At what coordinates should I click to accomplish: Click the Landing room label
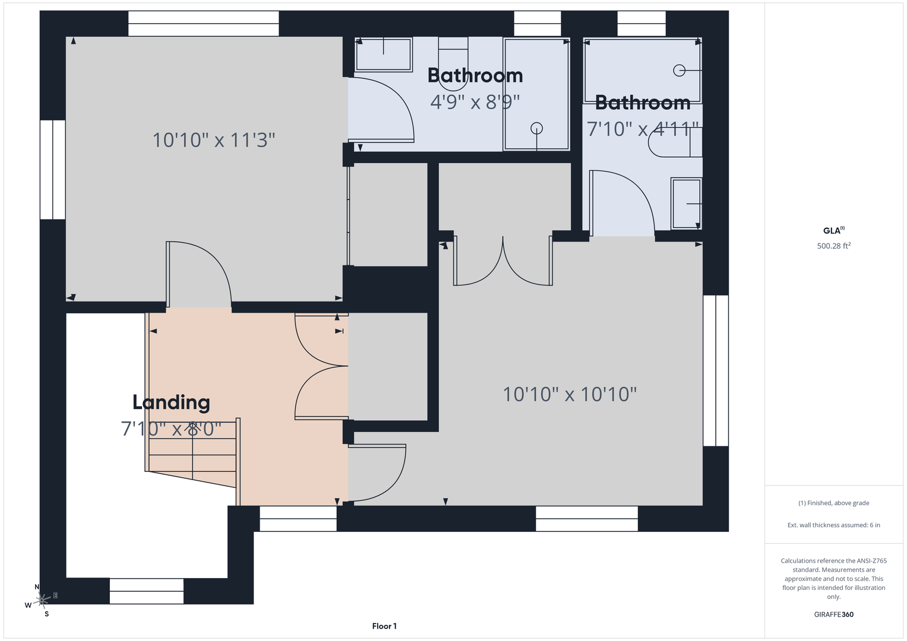171,402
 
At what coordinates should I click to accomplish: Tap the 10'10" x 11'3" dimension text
214,140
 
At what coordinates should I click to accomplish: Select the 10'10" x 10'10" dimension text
570,394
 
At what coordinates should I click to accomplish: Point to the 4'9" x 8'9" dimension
475,101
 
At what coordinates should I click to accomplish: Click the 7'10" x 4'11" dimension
643,129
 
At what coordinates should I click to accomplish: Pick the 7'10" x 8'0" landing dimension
171,429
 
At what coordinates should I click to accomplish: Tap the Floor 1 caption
384,626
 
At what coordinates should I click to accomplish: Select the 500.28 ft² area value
834,246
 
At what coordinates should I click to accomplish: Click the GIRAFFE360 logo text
834,614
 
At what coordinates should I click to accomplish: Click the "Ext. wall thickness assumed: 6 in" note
834,525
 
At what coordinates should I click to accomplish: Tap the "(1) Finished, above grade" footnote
834,503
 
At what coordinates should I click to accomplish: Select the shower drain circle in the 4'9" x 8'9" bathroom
536,129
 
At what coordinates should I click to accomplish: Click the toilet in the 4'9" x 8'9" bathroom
453,64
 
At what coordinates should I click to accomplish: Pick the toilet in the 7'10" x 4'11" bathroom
675,142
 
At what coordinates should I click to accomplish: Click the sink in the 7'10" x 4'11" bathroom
686,204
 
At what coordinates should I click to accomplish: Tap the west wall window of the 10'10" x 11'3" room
53,170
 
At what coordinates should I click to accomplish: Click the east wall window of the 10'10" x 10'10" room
716,371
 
